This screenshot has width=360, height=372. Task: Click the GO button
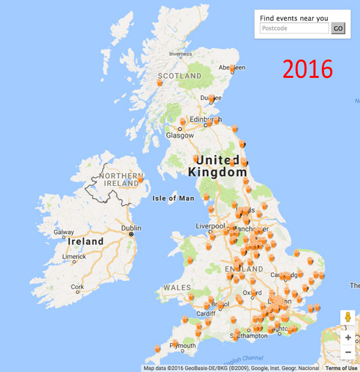(338, 28)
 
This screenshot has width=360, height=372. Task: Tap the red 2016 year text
(308, 69)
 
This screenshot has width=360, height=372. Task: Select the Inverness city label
(181, 54)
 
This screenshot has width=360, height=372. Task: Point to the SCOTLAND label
(179, 76)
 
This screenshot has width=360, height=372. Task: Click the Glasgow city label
(180, 136)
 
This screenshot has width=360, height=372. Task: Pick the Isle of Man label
(173, 198)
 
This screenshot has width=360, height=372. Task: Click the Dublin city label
(131, 228)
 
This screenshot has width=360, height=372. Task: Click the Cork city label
(77, 287)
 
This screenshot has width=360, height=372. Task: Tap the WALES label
(177, 288)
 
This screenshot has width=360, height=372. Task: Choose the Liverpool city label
(209, 226)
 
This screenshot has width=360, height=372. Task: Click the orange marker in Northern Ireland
(140, 177)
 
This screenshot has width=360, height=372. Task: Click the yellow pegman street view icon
(348, 318)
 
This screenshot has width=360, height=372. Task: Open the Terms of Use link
(342, 368)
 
